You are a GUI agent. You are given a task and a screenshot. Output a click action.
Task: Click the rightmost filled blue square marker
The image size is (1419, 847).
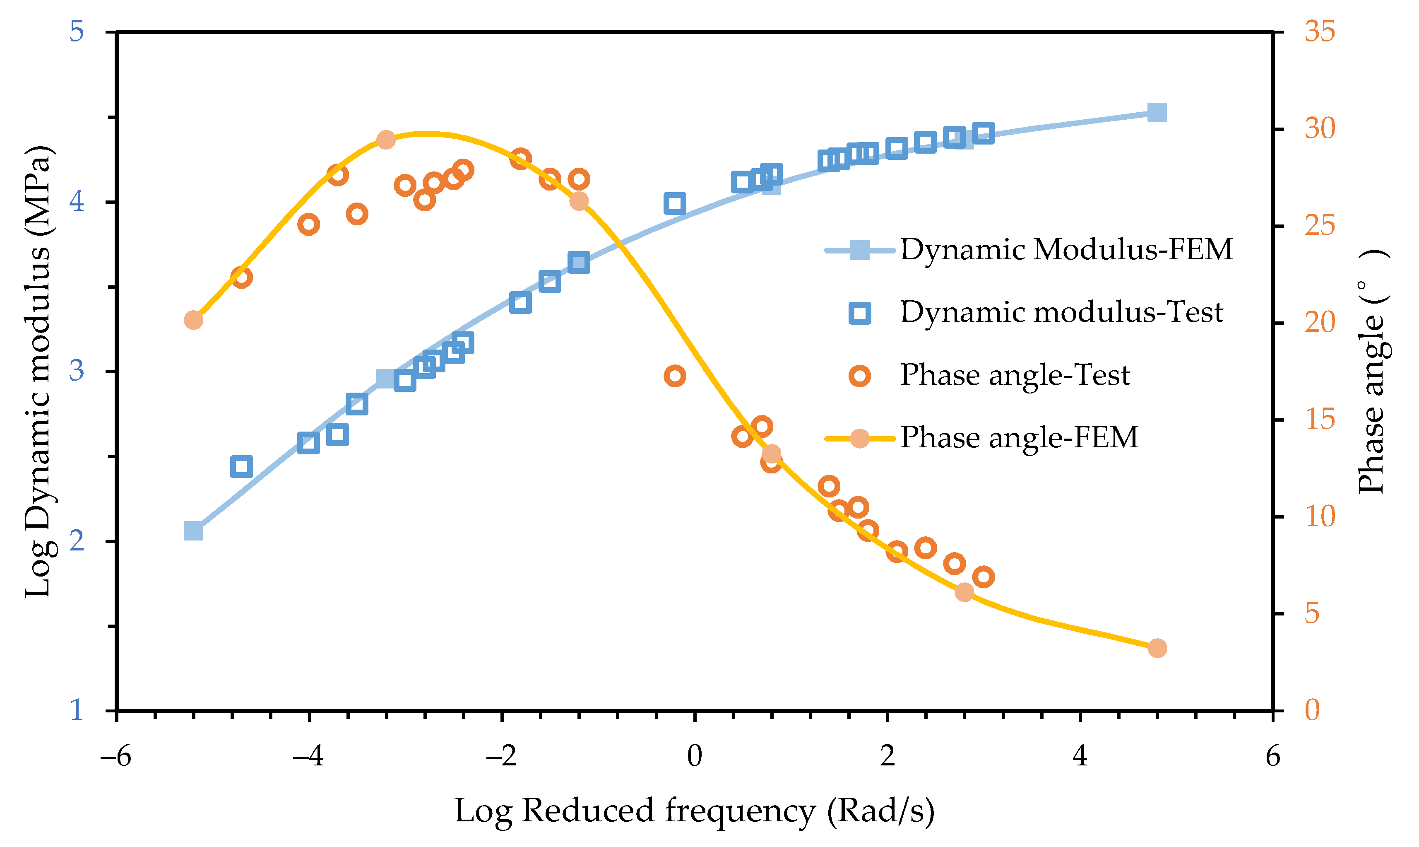(1157, 112)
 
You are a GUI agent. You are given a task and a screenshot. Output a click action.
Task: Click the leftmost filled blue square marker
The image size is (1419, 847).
(194, 531)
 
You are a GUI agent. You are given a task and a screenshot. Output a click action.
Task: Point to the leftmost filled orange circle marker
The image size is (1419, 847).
(194, 320)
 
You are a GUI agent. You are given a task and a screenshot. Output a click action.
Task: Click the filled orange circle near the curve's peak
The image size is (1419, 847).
(386, 140)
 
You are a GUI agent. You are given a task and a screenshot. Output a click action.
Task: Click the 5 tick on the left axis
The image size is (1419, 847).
(77, 31)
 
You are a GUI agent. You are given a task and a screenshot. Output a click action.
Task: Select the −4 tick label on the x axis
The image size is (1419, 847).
(308, 757)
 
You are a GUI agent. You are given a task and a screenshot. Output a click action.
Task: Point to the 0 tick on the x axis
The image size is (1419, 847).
(695, 757)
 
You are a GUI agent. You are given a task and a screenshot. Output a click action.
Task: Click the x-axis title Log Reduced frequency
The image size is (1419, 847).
(694, 811)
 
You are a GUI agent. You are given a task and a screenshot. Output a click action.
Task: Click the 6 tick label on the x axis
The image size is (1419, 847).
(1272, 757)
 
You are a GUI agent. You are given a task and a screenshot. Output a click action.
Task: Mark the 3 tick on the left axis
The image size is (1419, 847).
(77, 371)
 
